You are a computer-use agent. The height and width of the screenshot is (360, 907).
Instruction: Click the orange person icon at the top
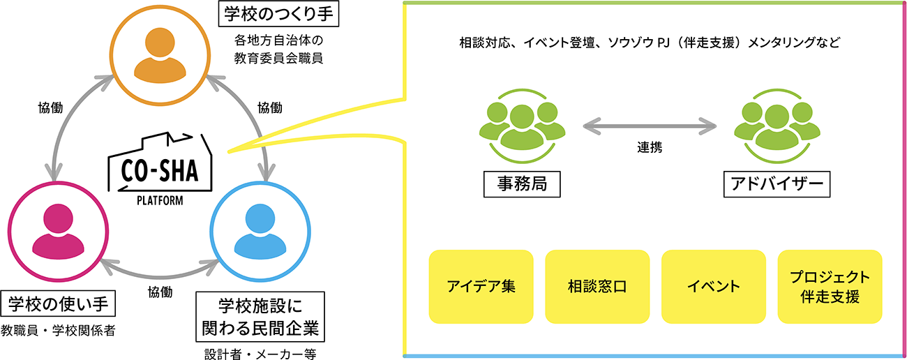click(x=162, y=56)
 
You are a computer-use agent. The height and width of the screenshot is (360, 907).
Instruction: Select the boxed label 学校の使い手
click(x=58, y=305)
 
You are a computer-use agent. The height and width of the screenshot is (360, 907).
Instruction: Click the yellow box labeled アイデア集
click(x=481, y=287)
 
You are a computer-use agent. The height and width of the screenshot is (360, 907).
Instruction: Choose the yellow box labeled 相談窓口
click(x=597, y=287)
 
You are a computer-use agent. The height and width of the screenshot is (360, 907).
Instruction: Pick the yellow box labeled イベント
click(x=713, y=287)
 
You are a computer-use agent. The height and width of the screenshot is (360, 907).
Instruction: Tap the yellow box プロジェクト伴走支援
click(x=830, y=287)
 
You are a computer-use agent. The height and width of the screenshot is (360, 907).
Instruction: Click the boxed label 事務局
click(x=523, y=184)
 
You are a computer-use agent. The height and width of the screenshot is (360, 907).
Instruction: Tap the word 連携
click(x=650, y=147)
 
